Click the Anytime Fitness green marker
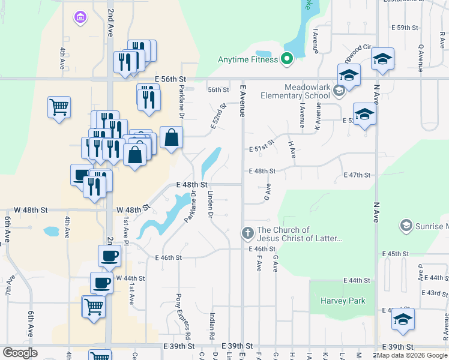pyautogui.click(x=286, y=59)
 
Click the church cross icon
pyautogui.click(x=247, y=232)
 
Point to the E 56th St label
pyautogui.click(x=170, y=79)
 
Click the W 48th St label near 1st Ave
pyautogui.click(x=133, y=209)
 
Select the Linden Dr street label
pyautogui.click(x=211, y=203)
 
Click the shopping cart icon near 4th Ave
pyautogui.click(x=59, y=107)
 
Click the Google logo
pyautogui.click(x=20, y=353)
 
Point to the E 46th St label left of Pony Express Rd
pyautogui.click(x=167, y=257)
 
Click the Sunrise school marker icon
pyautogui.click(x=406, y=225)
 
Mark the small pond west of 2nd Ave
pyautogui.click(x=51, y=230)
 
